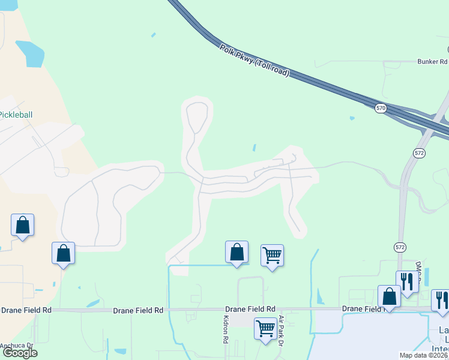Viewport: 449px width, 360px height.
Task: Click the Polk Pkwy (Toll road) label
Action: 255,61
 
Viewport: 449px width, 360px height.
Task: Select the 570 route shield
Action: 381,108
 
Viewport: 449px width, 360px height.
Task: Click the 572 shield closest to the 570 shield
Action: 419,154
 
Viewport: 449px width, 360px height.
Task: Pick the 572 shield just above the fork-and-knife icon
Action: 400,247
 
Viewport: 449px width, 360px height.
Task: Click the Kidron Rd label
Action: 226,329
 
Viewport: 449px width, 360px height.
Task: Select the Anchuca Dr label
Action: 16,346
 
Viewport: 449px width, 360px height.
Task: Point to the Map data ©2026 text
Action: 423,355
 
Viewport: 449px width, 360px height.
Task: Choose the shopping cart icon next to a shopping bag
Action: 273,256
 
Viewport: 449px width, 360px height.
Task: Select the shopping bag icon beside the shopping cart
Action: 237,252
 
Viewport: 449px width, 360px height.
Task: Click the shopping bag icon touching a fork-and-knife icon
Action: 389,296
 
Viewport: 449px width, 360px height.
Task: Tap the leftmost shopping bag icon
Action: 23,225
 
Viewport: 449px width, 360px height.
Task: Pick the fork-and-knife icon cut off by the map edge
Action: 441,300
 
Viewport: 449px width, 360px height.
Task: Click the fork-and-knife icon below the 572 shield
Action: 407,281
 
